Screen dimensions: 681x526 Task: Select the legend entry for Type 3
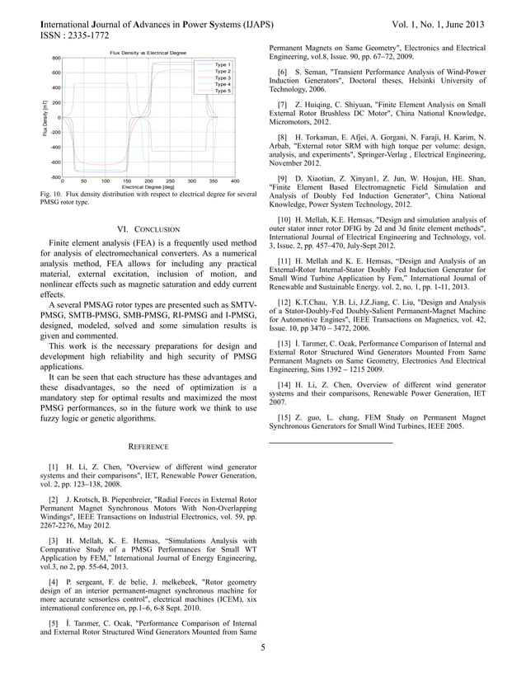[x=222, y=77]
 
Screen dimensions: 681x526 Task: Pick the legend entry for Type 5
[x=222, y=91]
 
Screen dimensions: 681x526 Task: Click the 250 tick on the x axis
[x=170, y=180]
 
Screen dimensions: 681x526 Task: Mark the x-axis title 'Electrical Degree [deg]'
[x=149, y=186]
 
